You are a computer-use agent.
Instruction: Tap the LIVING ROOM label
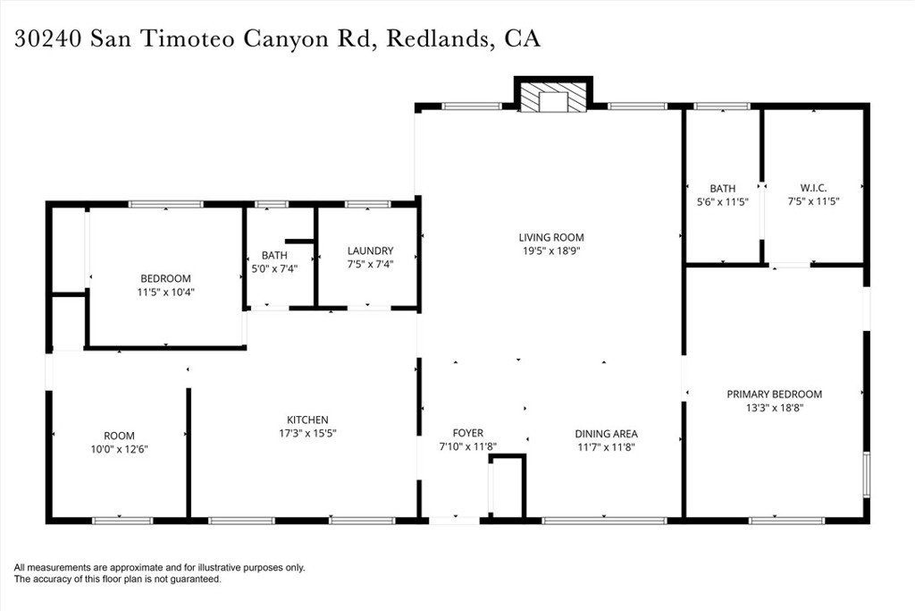(x=550, y=237)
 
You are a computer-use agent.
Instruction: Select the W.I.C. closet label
(x=813, y=188)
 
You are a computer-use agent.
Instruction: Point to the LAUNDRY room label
(x=370, y=250)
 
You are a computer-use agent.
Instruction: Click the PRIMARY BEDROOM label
(x=775, y=395)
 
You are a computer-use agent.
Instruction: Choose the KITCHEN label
(x=307, y=420)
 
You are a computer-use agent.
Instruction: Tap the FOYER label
(x=468, y=433)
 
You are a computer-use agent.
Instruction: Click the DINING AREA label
(x=607, y=434)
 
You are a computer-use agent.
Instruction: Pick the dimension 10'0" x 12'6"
(x=119, y=449)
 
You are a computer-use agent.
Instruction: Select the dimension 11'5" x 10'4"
(x=165, y=292)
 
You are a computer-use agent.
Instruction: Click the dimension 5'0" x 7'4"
(x=274, y=268)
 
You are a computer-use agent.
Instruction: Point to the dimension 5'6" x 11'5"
(x=722, y=202)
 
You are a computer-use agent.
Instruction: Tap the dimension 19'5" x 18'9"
(x=550, y=251)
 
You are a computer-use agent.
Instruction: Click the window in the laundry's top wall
(x=367, y=204)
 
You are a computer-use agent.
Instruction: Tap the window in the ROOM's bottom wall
(x=122, y=520)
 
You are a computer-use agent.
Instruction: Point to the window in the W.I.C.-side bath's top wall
(x=722, y=106)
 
